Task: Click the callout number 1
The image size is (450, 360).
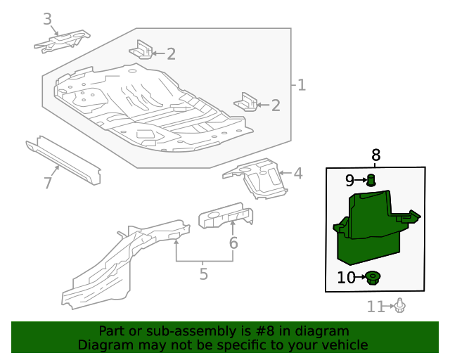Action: pyautogui.click(x=302, y=86)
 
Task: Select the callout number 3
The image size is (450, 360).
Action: pyautogui.click(x=47, y=19)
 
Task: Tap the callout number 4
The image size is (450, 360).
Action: pyautogui.click(x=298, y=173)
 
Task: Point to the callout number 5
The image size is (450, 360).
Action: pyautogui.click(x=203, y=274)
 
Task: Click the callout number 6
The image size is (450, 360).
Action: pyautogui.click(x=233, y=243)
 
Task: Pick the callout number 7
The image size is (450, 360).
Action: pyautogui.click(x=47, y=184)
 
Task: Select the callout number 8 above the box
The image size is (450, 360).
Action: pyautogui.click(x=375, y=155)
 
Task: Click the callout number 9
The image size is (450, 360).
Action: pyautogui.click(x=349, y=181)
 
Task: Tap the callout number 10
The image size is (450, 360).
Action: pyautogui.click(x=347, y=278)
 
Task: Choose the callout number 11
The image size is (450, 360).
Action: pyautogui.click(x=376, y=307)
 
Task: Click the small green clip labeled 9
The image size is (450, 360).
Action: pyautogui.click(x=372, y=181)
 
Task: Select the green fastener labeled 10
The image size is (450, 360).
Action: pyautogui.click(x=373, y=278)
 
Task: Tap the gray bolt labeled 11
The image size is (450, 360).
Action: pyautogui.click(x=399, y=306)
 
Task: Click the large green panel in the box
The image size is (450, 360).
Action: pyautogui.click(x=369, y=229)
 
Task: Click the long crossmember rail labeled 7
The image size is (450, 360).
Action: pyautogui.click(x=63, y=160)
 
